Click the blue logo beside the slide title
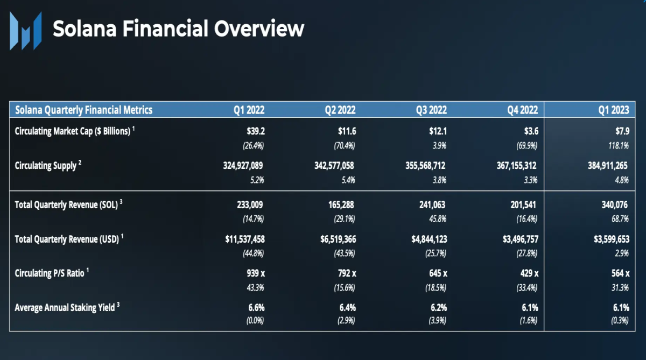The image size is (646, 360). (26, 31)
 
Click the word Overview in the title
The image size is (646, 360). (259, 29)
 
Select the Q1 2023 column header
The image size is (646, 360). (613, 110)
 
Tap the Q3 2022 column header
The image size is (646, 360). (431, 110)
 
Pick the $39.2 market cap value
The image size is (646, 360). (256, 131)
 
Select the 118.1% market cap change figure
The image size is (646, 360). (619, 145)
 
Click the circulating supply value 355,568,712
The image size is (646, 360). (425, 166)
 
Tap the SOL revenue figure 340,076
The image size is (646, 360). (615, 205)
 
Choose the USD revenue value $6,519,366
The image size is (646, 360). (338, 239)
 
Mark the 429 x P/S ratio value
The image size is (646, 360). (530, 273)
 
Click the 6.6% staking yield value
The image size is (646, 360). (256, 308)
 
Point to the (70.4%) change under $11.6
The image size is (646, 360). (345, 145)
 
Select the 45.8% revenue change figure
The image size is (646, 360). (438, 219)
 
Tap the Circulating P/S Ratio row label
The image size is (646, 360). (52, 273)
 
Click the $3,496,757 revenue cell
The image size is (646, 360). (521, 239)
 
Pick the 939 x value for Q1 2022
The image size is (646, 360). (256, 273)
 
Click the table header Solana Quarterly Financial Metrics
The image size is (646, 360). (83, 110)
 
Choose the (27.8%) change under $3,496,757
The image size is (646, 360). (526, 253)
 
